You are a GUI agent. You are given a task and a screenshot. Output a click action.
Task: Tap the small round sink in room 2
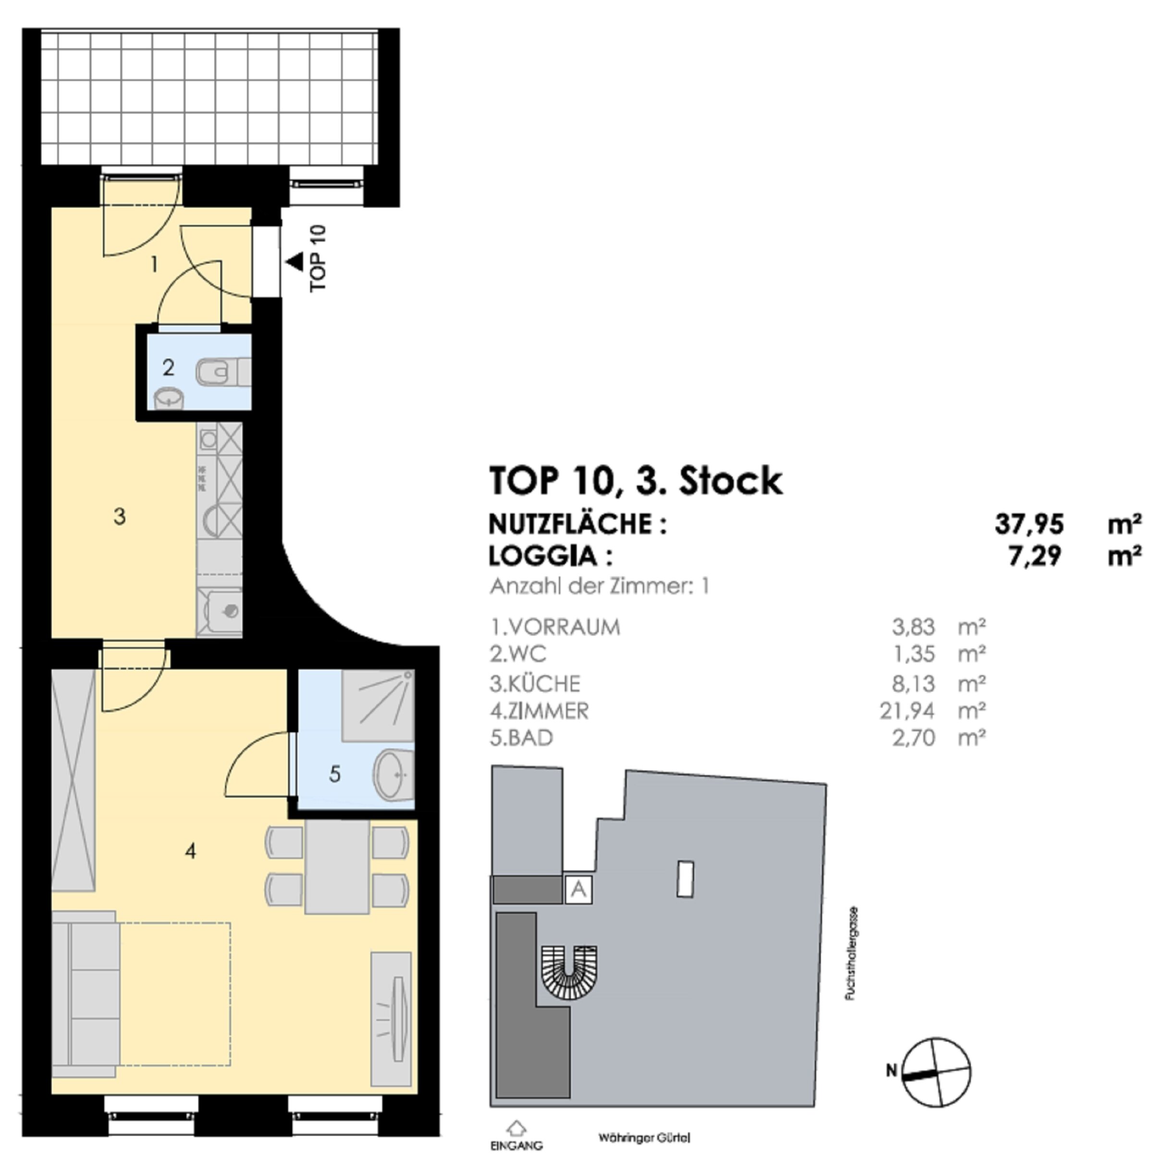pyautogui.click(x=169, y=398)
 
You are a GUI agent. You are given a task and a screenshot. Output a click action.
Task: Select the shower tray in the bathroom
pyautogui.click(x=378, y=705)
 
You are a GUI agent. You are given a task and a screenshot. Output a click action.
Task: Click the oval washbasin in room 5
pyautogui.click(x=394, y=775)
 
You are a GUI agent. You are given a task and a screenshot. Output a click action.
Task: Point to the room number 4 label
pyautogui.click(x=191, y=851)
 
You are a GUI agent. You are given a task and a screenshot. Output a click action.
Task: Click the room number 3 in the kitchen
pyautogui.click(x=120, y=516)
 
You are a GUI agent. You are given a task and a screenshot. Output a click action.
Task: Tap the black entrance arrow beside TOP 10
pyautogui.click(x=294, y=262)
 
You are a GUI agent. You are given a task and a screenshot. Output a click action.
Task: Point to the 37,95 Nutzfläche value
pyautogui.click(x=1029, y=524)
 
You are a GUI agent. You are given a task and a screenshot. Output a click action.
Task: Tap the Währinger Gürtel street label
pyautogui.click(x=644, y=1138)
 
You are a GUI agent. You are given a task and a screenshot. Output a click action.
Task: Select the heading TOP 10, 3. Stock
pyautogui.click(x=636, y=481)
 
